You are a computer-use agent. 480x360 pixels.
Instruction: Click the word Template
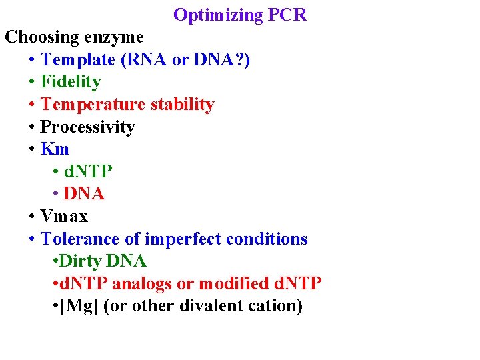(x=78, y=59)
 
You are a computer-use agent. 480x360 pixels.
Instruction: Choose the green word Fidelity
(x=71, y=82)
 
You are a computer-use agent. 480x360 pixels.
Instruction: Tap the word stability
(x=182, y=105)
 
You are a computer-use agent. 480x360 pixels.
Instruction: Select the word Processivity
(x=87, y=127)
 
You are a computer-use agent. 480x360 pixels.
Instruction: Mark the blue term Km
(x=55, y=149)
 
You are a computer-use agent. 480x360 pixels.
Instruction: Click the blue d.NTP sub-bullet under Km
(x=88, y=171)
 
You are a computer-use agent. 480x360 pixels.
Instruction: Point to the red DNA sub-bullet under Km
(x=84, y=194)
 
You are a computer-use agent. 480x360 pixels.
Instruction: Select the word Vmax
(x=64, y=216)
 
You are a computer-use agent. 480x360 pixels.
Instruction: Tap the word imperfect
(x=180, y=239)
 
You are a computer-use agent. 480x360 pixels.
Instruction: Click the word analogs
(x=141, y=283)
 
